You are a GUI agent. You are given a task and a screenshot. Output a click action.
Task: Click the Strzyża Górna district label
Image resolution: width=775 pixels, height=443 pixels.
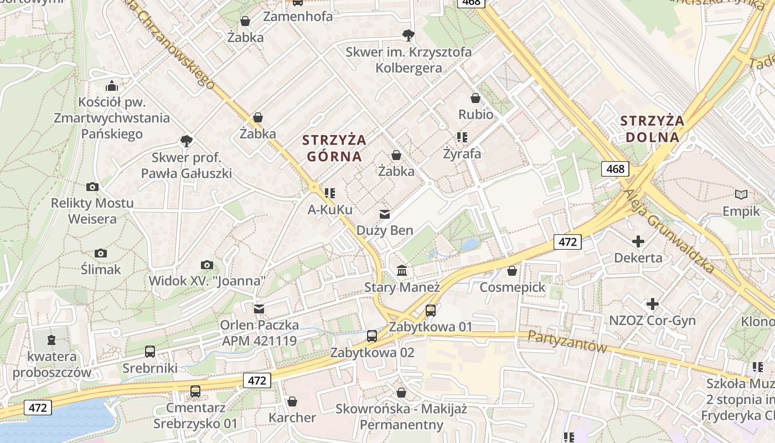coord(334,148)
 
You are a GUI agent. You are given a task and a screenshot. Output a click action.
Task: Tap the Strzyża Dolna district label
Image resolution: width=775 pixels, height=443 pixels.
coord(652,129)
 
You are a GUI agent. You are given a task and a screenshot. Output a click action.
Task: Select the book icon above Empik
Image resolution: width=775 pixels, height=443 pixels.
coord(741,194)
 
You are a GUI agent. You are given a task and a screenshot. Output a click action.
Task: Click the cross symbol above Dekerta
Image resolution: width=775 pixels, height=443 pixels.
coord(638,241)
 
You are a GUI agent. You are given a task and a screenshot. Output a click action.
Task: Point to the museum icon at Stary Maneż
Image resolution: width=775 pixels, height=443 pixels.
coord(402,271)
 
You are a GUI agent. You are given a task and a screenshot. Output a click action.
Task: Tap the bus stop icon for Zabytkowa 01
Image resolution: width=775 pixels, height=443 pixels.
coord(431,311)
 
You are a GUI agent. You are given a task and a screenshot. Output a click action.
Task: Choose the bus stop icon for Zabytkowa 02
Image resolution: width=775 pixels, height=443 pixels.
coord(372,336)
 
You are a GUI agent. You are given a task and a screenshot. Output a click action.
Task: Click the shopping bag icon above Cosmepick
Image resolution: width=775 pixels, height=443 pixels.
coord(512,271)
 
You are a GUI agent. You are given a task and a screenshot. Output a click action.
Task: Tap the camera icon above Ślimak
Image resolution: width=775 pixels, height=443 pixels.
coord(101,253)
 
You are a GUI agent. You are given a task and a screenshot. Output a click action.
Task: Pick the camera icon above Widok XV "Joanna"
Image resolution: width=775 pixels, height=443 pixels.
coord(207,265)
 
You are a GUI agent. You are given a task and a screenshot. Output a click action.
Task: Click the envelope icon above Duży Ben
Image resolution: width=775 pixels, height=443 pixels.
coord(384,214)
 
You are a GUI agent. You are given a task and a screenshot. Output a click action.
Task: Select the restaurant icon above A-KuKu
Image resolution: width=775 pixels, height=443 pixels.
coord(330,193)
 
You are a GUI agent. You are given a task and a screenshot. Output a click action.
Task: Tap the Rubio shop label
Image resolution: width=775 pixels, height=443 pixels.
coord(476,114)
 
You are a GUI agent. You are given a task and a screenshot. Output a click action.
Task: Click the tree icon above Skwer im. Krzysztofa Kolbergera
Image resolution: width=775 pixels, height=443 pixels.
coord(409,35)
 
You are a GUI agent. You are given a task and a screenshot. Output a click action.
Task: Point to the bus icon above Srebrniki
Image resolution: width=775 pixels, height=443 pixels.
coord(150,352)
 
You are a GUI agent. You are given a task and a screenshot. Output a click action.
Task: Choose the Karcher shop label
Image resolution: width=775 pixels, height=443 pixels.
coord(292,418)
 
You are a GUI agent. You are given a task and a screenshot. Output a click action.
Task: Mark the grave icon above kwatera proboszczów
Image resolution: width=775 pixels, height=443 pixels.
coord(51,339)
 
